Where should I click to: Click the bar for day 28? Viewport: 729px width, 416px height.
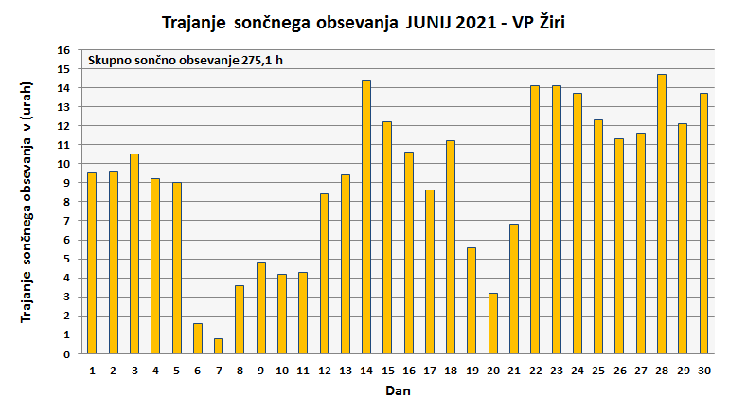tap(662, 214)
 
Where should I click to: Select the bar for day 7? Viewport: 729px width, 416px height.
tap(219, 346)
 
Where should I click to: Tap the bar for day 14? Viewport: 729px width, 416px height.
tap(366, 217)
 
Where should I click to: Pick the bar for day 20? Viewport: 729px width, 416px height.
tap(493, 323)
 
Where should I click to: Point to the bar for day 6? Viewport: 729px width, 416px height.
tap(198, 338)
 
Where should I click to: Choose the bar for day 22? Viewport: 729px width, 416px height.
tap(535, 220)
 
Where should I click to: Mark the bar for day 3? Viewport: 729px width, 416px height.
tap(134, 254)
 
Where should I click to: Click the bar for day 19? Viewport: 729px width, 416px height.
tap(471, 300)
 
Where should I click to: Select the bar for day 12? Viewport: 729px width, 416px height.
tap(324, 274)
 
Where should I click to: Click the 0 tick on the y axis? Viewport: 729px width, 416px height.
tap(67, 354)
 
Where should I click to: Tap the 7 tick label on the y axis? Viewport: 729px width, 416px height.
tap(67, 221)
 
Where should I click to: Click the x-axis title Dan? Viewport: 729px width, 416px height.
tap(398, 389)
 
